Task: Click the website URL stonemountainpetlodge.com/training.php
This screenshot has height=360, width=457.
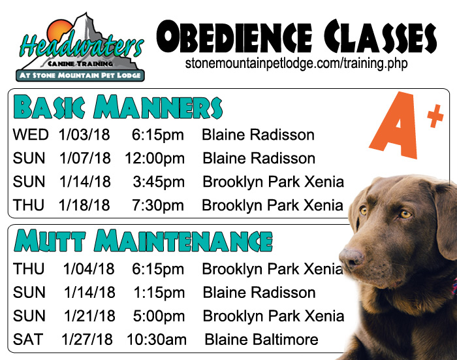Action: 296,63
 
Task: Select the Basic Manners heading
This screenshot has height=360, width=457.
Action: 118,106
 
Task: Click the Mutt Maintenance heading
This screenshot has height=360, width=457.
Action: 143,240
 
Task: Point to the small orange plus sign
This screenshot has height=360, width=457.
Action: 435,116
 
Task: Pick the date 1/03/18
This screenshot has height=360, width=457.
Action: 84,135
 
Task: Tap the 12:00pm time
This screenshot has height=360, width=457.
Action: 155,158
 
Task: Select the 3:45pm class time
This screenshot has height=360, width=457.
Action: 159,182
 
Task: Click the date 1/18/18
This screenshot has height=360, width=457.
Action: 84,205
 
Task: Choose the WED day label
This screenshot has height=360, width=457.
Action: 31,135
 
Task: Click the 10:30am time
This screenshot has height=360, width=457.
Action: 157,340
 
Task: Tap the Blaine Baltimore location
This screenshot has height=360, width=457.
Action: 261,340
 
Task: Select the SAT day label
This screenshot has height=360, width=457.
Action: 28,340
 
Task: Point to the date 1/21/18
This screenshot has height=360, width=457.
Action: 89,316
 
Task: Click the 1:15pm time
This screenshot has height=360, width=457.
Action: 159,293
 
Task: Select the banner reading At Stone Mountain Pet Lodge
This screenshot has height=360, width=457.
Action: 80,75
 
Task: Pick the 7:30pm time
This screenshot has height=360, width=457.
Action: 158,205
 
